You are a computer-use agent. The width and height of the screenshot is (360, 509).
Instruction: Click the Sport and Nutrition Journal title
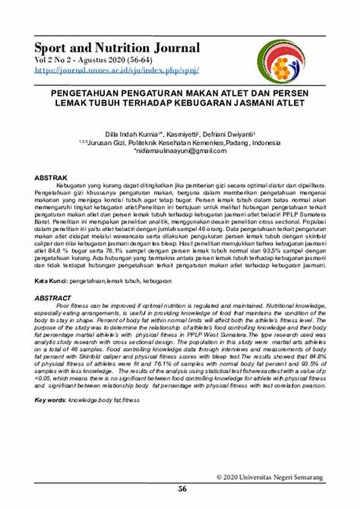pyautogui.click(x=117, y=47)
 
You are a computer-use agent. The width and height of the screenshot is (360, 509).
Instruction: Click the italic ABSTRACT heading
pyautogui.click(x=53, y=298)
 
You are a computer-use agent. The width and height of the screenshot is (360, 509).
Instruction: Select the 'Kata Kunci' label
pyautogui.click(x=50, y=280)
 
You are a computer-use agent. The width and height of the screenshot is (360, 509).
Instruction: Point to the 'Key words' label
pyautogui.click(x=50, y=399)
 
